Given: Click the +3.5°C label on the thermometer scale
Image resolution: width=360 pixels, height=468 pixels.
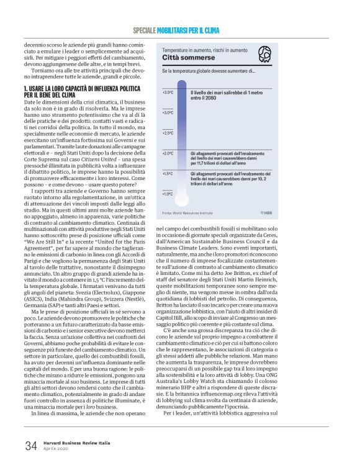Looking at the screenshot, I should (168, 92).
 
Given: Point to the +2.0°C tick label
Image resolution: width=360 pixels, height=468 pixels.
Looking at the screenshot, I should (168, 153).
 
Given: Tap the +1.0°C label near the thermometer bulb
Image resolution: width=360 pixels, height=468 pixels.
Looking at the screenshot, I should (168, 194).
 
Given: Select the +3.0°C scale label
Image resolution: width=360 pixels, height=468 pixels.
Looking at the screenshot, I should (168, 112).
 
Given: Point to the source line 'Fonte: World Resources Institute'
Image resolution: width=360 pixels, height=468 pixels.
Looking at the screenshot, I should (188, 213).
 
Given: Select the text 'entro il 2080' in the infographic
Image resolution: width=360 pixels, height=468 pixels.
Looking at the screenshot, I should (206, 98).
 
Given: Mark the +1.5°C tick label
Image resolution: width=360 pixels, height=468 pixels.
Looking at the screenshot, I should (168, 173).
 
